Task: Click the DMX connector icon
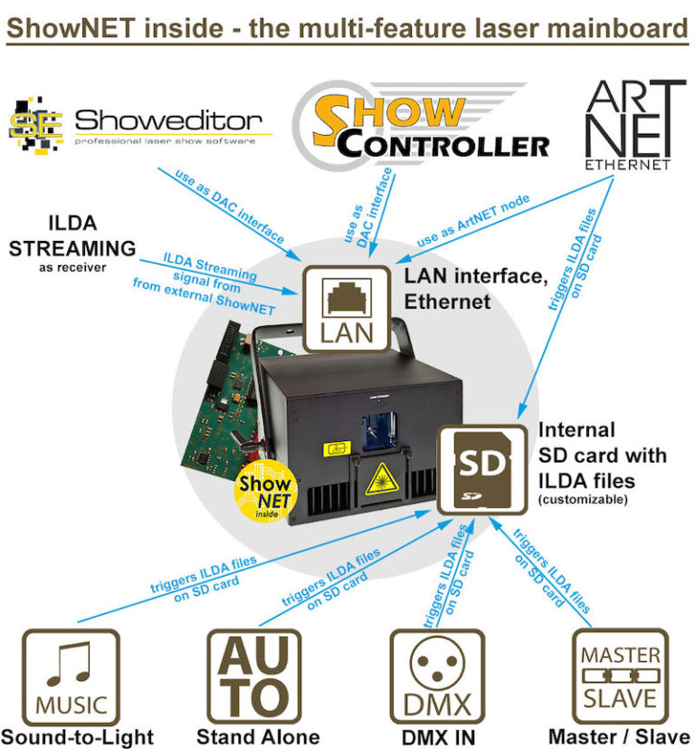pyautogui.click(x=437, y=677)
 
